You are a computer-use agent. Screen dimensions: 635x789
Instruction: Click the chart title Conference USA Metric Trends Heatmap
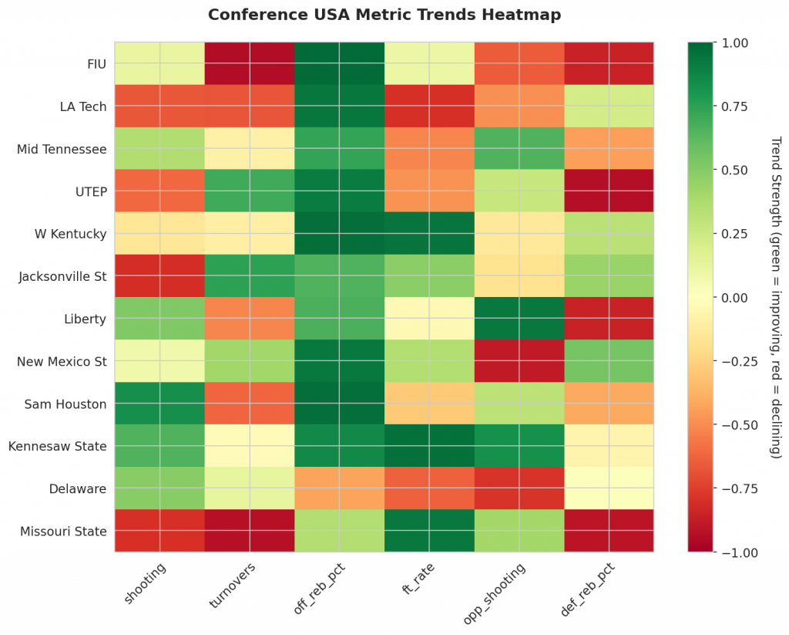pos(384,15)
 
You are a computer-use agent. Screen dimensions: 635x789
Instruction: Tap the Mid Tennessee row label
pos(62,148)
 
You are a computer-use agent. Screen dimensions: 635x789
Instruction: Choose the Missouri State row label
pos(63,530)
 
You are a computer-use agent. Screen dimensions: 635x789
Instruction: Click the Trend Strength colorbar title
pos(775,297)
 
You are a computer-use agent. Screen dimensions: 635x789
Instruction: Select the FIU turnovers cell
pos(250,63)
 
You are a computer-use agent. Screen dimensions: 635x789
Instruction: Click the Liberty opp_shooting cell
pos(519,318)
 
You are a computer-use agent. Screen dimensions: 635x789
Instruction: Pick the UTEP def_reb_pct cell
pos(609,191)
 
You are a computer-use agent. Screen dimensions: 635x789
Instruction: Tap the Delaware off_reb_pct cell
pos(340,488)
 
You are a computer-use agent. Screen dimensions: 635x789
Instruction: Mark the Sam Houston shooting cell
pos(159,403)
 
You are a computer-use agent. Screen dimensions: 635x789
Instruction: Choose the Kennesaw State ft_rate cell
pos(429,445)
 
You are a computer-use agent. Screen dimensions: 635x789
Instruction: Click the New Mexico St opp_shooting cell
pos(519,360)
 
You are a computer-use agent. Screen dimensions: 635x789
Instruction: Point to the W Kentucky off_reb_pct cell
pos(340,233)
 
